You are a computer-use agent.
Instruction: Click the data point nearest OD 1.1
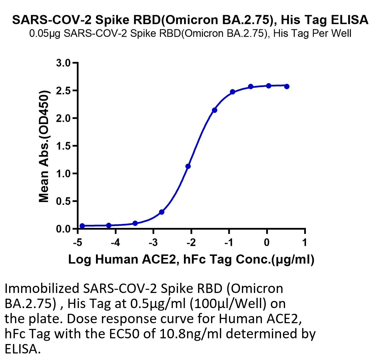click(x=188, y=166)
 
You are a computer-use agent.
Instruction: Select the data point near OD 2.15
click(x=214, y=110)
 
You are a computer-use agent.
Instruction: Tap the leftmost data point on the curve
click(x=82, y=226)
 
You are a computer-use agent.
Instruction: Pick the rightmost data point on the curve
click(x=287, y=86)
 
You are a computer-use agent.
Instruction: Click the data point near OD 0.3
click(x=162, y=212)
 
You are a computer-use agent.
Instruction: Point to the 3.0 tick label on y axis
click(x=63, y=63)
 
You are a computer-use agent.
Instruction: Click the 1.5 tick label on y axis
click(x=63, y=146)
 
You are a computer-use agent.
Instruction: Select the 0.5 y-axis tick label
click(x=63, y=201)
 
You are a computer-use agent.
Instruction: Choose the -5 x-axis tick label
click(x=77, y=242)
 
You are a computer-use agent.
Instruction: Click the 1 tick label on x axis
click(x=305, y=242)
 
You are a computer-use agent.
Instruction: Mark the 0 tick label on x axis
click(x=267, y=242)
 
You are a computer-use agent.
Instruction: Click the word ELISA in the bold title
click(x=350, y=20)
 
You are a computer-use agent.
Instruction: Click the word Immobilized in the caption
click(x=42, y=289)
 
